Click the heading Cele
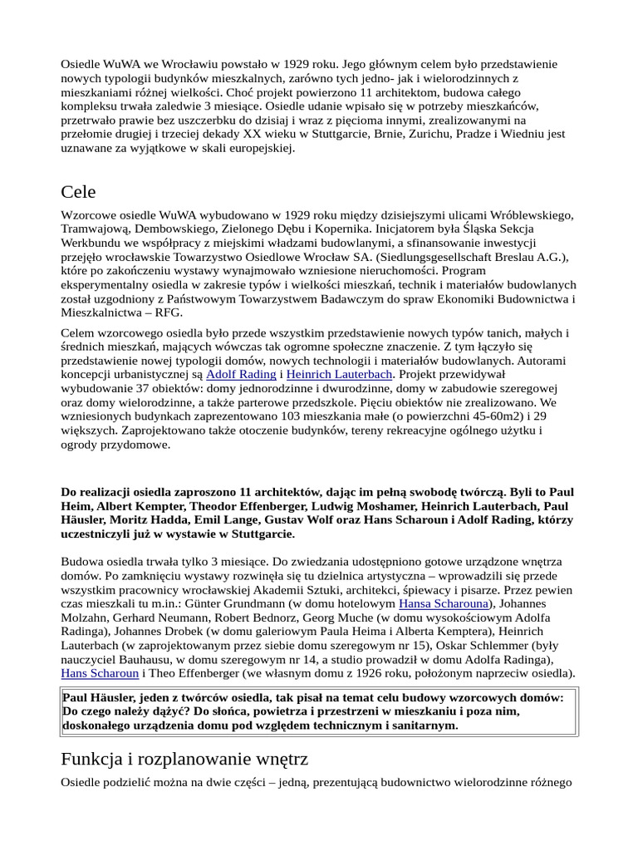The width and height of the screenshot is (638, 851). coord(79,192)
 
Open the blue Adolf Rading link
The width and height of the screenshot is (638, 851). coord(241,374)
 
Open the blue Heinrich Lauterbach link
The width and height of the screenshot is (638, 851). coord(339,374)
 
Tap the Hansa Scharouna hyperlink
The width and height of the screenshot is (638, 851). coord(444,603)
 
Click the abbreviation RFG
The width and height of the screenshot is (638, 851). coord(168,312)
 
